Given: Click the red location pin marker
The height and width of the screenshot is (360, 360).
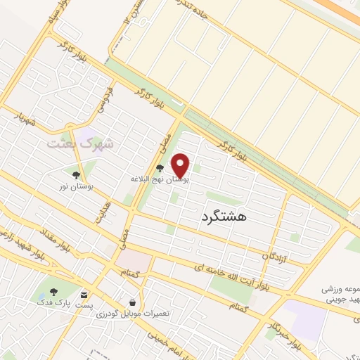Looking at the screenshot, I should pos(181,165).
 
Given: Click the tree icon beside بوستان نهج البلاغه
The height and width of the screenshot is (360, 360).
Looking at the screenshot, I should pos(160,168).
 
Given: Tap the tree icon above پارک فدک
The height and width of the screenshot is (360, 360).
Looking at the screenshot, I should pos(56,291).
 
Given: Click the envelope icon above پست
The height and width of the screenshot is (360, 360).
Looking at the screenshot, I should pos(84,296).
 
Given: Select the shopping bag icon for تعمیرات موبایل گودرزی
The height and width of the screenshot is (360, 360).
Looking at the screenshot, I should pos(132,302).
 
